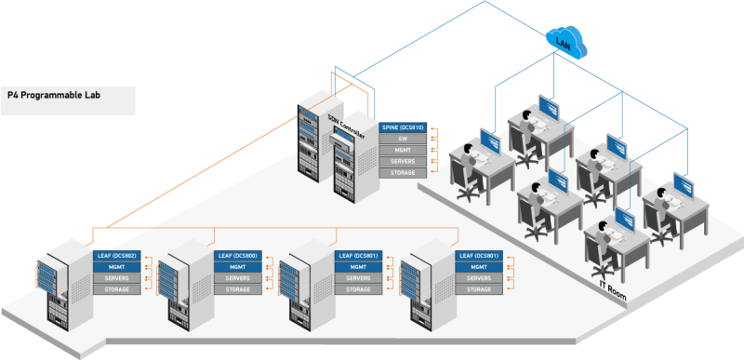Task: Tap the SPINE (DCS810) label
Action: pyautogui.click(x=403, y=127)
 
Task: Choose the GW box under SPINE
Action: pyautogui.click(x=403, y=138)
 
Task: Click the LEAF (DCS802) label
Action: pyautogui.click(x=116, y=255)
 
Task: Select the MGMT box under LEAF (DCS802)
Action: pyautogui.click(x=116, y=267)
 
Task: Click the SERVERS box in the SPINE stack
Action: pyautogui.click(x=403, y=161)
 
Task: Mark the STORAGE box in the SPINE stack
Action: pyautogui.click(x=403, y=172)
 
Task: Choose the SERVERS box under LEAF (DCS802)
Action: pyautogui.click(x=116, y=278)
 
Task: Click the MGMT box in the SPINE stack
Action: pyautogui.click(x=403, y=150)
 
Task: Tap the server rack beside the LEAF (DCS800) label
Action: pyautogui.click(x=181, y=279)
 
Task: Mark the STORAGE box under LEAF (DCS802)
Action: pyautogui.click(x=116, y=289)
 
